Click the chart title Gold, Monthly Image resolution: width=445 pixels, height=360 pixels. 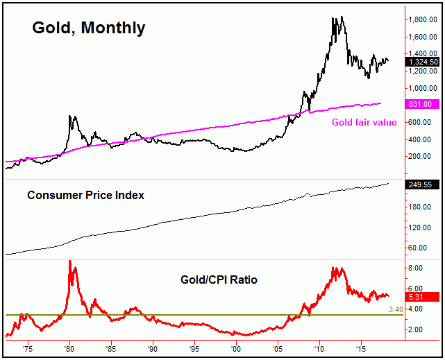pyautogui.click(x=88, y=28)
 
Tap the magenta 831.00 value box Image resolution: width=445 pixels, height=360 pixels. pyautogui.click(x=422, y=104)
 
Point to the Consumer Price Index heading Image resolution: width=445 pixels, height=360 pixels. pyautogui.click(x=85, y=196)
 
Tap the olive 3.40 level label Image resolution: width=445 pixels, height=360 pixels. pyautogui.click(x=416, y=309)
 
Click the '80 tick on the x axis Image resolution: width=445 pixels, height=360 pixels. pyautogui.click(x=69, y=348)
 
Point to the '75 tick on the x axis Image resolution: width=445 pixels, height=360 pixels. pyautogui.click(x=27, y=348)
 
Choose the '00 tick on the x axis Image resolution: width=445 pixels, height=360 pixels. pyautogui.click(x=236, y=348)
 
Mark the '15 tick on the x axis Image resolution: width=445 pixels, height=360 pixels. pyautogui.click(x=361, y=348)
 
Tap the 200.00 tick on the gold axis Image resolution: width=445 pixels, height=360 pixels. pyautogui.click(x=422, y=157)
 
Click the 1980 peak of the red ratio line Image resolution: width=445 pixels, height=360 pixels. pyautogui.click(x=69, y=262)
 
